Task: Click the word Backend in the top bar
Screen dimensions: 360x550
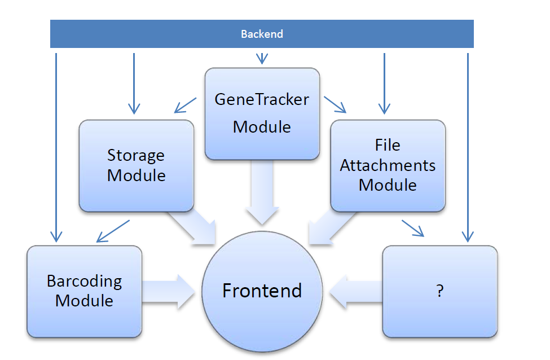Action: (x=262, y=34)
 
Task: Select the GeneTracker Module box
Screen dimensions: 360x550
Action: (x=262, y=113)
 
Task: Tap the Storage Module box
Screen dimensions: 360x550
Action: (x=136, y=165)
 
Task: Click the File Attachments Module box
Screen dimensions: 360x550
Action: (x=388, y=165)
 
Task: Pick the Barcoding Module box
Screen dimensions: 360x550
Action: (x=84, y=291)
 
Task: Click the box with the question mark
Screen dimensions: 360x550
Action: (x=439, y=291)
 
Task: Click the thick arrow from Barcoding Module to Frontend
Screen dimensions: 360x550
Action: (x=170, y=291)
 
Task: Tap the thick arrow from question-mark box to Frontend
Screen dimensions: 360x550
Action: (x=355, y=291)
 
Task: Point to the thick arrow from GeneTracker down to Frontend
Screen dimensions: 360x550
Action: (x=262, y=195)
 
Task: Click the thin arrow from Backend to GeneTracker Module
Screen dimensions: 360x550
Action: (x=261, y=58)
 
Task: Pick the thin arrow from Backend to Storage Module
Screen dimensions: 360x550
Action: (x=134, y=82)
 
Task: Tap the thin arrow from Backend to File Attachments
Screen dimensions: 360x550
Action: (x=384, y=82)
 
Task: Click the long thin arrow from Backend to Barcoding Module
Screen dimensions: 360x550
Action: (x=56, y=147)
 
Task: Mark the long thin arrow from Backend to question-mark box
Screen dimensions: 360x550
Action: (x=468, y=147)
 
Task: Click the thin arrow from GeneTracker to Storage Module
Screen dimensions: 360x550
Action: (x=186, y=104)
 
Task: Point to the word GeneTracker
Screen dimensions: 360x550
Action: (x=262, y=100)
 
